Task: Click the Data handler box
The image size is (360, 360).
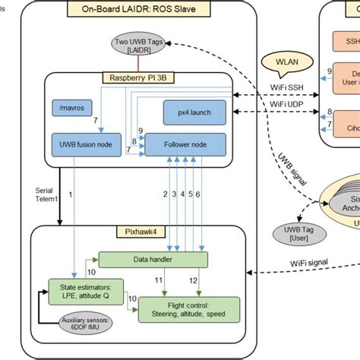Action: click(153, 258)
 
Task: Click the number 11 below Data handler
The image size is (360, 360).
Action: click(159, 281)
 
